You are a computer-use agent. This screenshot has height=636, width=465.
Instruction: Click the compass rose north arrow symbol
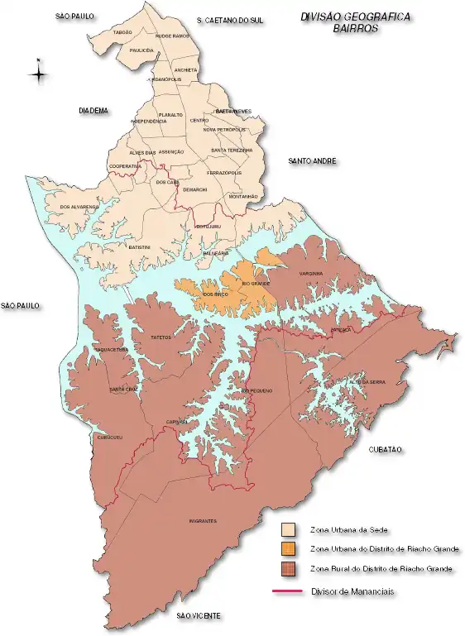click(38, 73)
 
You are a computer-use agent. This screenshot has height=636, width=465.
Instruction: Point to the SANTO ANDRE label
click(312, 160)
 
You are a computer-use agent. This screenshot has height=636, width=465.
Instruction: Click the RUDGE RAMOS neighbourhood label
click(172, 36)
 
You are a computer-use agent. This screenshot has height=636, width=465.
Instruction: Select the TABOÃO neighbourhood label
click(122, 31)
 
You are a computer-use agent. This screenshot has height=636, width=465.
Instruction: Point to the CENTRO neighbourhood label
click(199, 121)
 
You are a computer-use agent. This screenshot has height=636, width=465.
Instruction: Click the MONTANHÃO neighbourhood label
click(243, 196)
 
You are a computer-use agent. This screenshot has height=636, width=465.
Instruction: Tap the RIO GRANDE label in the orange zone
click(256, 284)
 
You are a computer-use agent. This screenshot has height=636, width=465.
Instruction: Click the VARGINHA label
click(311, 273)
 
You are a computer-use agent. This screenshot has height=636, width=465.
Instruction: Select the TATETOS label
click(161, 337)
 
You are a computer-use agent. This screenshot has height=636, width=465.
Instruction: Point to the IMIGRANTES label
click(203, 521)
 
